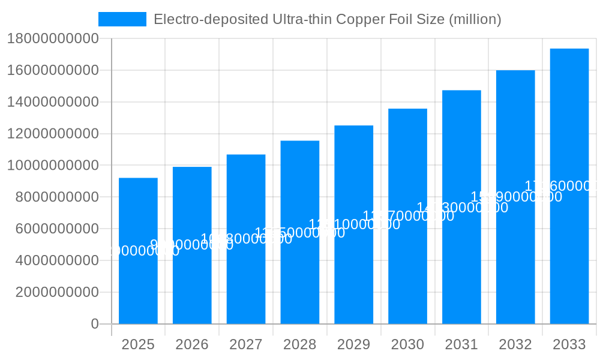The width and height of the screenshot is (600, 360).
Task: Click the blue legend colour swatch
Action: [122, 19]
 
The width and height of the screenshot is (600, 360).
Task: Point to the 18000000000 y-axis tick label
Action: [53, 39]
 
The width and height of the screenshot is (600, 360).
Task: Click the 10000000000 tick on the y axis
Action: [53, 166]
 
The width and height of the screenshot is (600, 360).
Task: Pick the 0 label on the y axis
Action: [95, 324]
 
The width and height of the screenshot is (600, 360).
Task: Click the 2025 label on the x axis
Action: [138, 344]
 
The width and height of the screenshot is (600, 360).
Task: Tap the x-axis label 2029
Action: [354, 344]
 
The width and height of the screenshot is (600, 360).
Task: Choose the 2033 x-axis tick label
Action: [569, 344]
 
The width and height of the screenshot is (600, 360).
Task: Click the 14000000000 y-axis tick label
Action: [53, 102]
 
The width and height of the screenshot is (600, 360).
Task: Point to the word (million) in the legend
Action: [475, 19]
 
